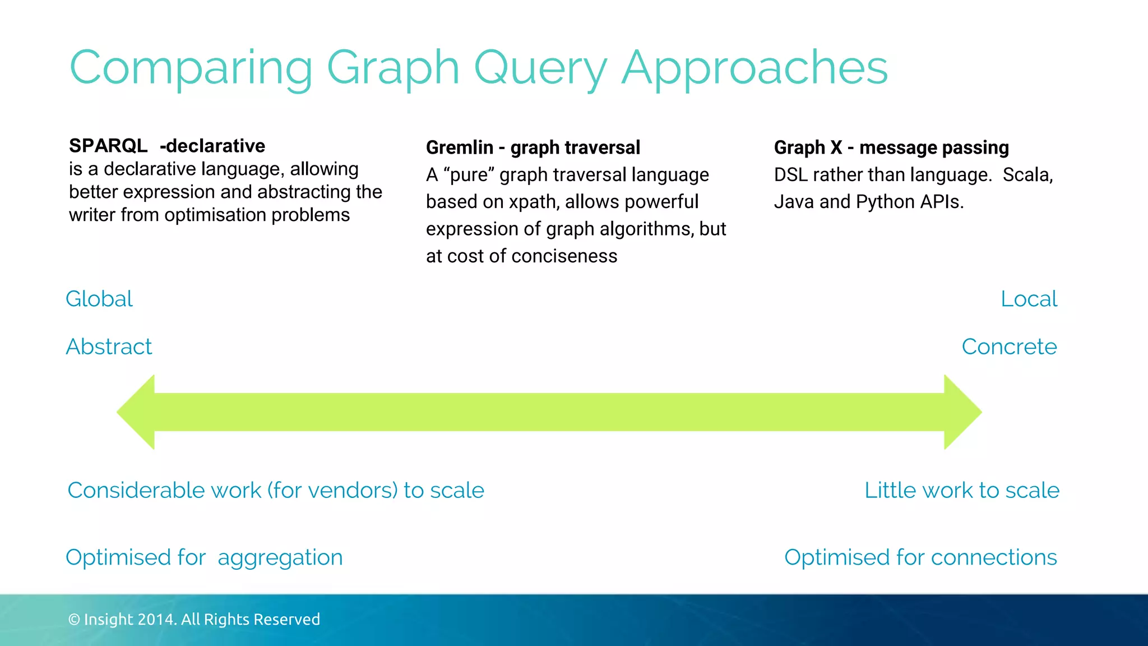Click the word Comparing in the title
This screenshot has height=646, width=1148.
191,68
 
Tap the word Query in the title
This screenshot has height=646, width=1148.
541,68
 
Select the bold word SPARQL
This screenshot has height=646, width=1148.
108,146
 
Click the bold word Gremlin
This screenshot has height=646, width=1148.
460,147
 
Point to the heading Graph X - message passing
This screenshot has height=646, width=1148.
891,147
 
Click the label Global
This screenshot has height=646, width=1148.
99,299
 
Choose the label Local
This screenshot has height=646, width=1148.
1029,299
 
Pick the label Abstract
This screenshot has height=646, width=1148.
109,347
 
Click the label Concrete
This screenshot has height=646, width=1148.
1009,347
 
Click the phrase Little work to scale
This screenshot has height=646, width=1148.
961,490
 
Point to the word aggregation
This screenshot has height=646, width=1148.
280,557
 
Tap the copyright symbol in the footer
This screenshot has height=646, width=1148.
74,620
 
